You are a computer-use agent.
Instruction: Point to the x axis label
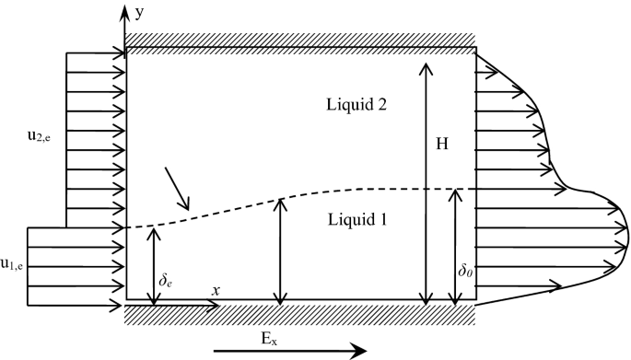point(216,290)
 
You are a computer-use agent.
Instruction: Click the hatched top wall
point(300,41)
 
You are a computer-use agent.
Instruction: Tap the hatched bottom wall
point(300,313)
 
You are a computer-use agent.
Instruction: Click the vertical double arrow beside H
point(425,184)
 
